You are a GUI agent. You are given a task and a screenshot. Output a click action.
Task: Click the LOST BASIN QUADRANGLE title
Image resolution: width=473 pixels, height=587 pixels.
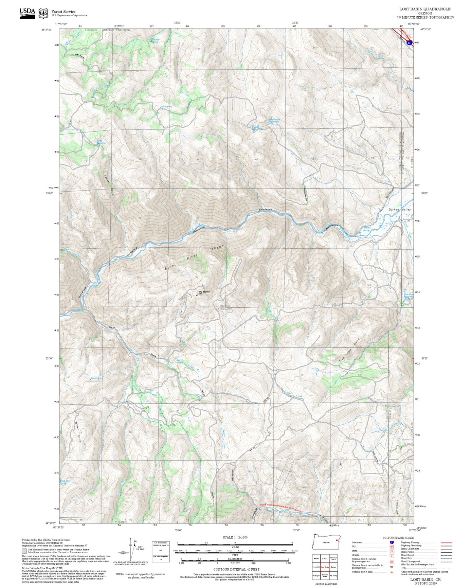425,9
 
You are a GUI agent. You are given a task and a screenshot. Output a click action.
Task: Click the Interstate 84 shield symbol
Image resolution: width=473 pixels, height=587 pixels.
409,43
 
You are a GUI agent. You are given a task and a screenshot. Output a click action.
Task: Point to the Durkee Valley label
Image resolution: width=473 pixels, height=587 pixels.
399,209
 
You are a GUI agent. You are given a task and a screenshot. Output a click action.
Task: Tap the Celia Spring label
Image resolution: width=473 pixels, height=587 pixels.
166,107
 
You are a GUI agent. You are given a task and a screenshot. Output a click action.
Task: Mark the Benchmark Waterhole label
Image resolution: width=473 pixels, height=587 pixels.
274,120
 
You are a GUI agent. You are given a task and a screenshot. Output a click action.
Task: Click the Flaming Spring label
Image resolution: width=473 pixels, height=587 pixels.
155,41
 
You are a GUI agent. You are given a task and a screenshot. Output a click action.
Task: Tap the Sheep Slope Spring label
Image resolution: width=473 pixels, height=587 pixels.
65,482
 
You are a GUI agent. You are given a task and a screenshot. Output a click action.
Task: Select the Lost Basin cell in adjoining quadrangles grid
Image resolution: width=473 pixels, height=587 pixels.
325,567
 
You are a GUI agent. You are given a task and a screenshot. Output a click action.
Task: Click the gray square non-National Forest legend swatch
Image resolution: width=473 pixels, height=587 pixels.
24,551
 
